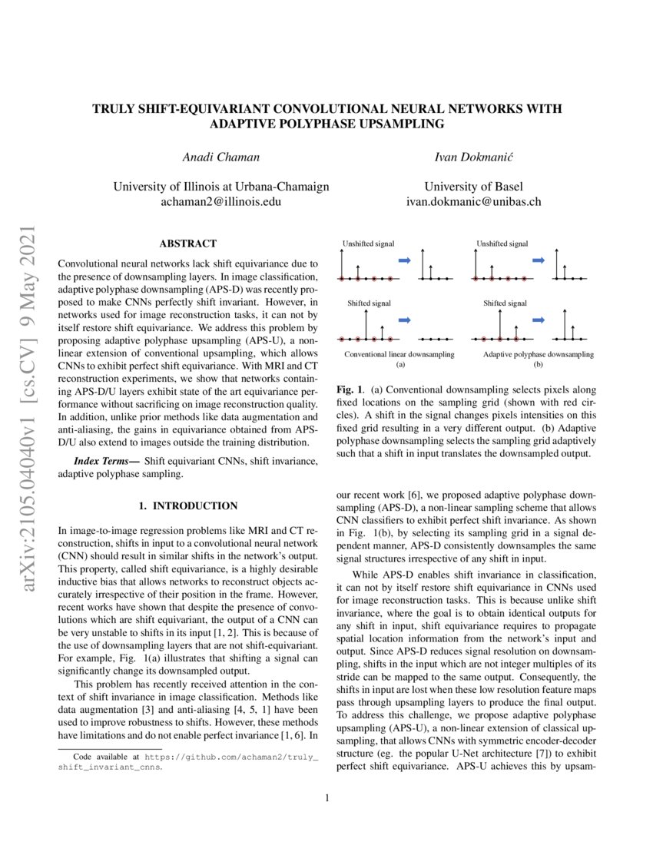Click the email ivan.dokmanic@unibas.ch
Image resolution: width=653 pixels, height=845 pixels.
pyautogui.click(x=474, y=202)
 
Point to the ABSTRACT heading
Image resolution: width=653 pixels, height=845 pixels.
pyautogui.click(x=188, y=244)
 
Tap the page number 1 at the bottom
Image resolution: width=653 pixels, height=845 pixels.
pyautogui.click(x=326, y=798)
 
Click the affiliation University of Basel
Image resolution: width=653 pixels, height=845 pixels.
pyautogui.click(x=474, y=187)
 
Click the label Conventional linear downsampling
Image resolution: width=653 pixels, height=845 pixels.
pyautogui.click(x=399, y=354)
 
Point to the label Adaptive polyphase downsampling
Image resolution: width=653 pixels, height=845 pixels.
pyautogui.click(x=538, y=354)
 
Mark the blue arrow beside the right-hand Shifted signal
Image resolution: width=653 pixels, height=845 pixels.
pyautogui.click(x=540, y=320)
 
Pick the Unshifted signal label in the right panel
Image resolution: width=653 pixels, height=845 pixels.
pyautogui.click(x=503, y=244)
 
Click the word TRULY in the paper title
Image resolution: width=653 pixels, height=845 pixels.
pyautogui.click(x=114, y=109)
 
